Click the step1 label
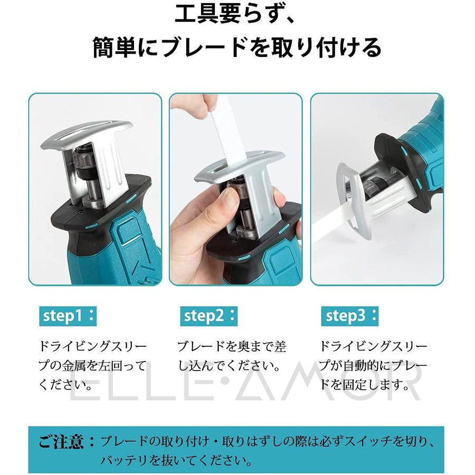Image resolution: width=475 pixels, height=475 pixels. [x=68, y=316]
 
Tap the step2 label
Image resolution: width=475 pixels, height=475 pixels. [x=208, y=316]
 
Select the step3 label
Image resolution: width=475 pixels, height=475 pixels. [x=349, y=316]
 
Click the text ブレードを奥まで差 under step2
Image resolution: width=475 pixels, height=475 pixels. [x=232, y=347]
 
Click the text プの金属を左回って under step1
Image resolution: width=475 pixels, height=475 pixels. [x=92, y=366]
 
